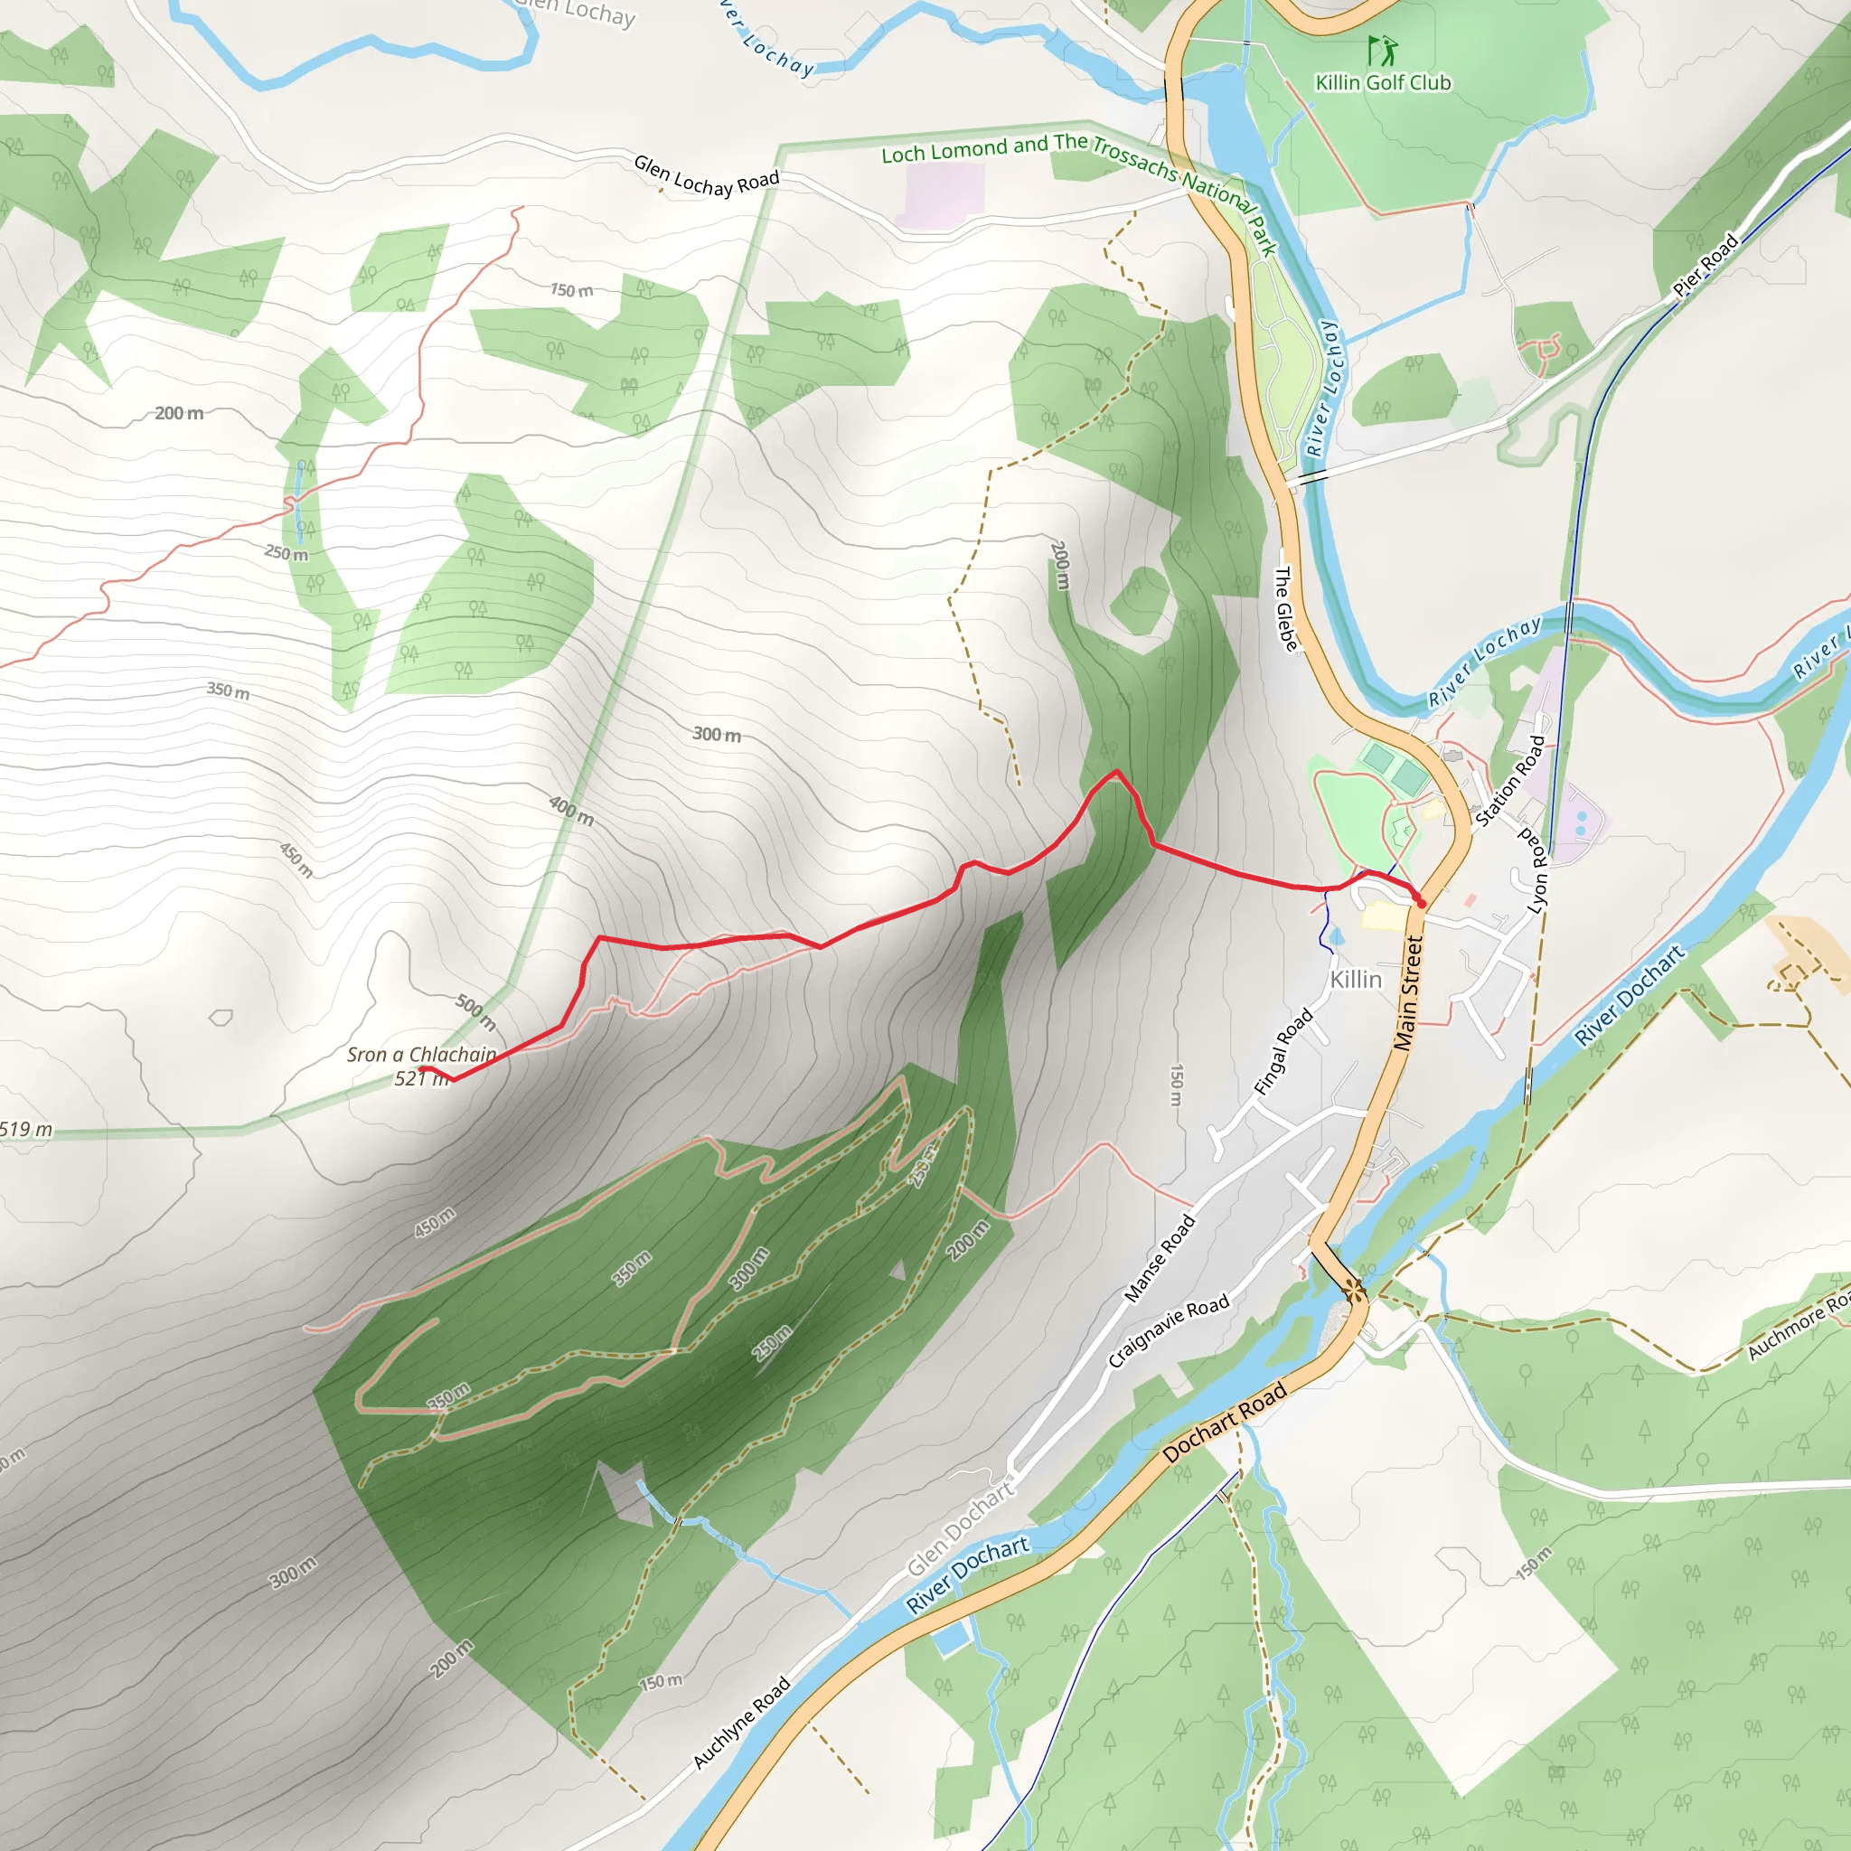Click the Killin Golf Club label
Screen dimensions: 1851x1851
click(x=1383, y=83)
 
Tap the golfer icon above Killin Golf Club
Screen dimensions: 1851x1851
click(x=1382, y=50)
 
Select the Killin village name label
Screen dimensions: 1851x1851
click(x=1356, y=979)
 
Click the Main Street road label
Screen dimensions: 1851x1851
click(x=1407, y=993)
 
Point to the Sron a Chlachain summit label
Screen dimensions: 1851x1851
click(x=421, y=1055)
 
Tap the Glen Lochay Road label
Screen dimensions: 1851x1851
click(x=706, y=177)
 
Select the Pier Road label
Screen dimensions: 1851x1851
click(x=1705, y=265)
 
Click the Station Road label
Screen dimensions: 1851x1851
click(x=1510, y=781)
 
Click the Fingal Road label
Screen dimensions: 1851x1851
click(x=1283, y=1052)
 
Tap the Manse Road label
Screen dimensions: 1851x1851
click(x=1160, y=1258)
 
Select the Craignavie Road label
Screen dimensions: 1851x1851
click(x=1168, y=1331)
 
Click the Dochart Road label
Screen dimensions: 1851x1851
click(x=1225, y=1423)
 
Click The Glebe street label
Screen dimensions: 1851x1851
click(x=1286, y=608)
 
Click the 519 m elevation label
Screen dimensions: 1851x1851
click(x=26, y=1129)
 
